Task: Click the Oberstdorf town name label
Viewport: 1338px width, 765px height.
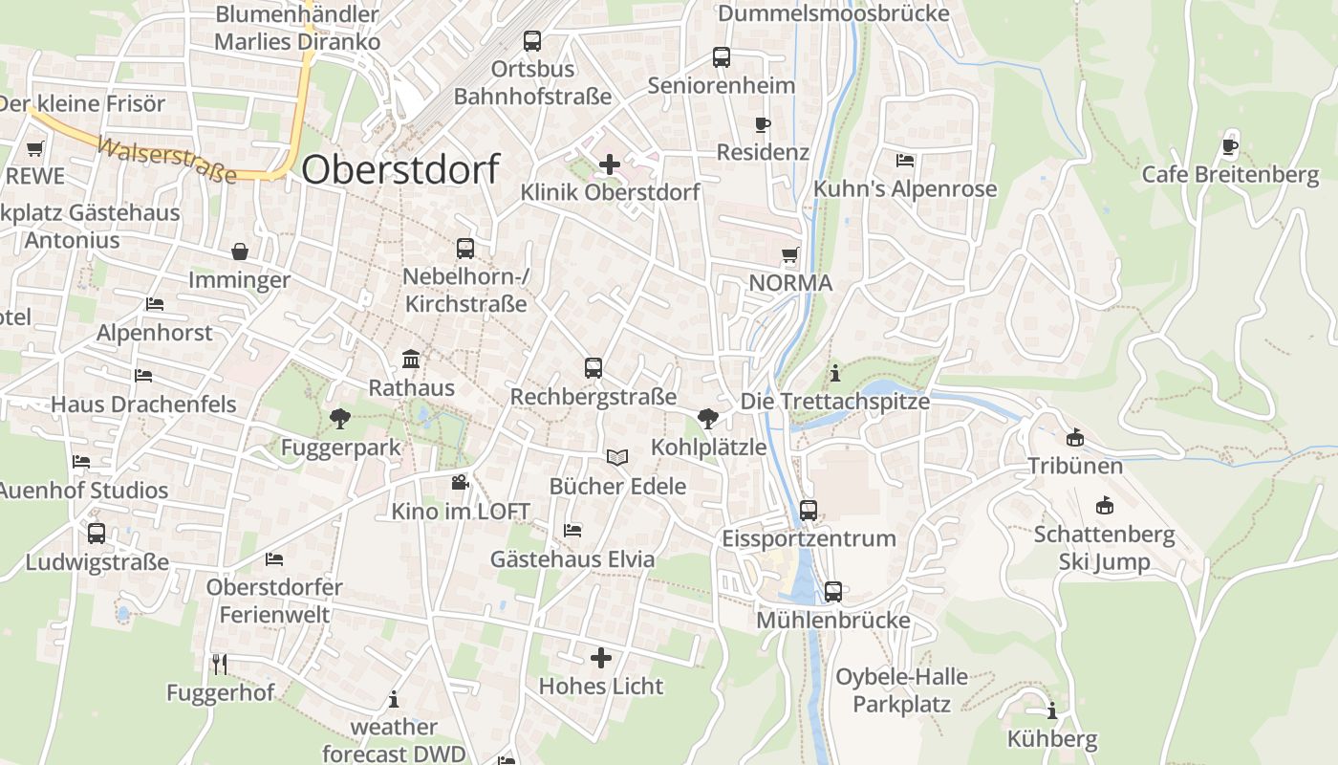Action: coord(400,169)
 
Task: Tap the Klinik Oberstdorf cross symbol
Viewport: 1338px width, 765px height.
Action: coord(609,164)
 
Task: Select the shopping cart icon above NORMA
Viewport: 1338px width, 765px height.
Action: coord(790,255)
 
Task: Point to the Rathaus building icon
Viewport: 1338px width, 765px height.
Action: coord(412,360)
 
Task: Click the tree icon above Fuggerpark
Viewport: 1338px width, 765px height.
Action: coord(339,418)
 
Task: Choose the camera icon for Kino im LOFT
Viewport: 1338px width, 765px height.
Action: coord(460,482)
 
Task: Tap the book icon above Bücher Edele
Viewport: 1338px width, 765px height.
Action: coord(617,457)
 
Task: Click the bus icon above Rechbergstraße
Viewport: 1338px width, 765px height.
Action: coord(593,367)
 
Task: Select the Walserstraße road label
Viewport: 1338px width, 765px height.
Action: coord(167,161)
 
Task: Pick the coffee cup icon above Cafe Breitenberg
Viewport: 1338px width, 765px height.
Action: coord(1230,146)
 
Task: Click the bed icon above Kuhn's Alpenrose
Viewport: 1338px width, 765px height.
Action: coord(905,160)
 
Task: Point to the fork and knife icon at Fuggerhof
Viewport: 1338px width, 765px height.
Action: coord(220,663)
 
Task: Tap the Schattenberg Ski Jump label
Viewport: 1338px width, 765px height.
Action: coord(1104,547)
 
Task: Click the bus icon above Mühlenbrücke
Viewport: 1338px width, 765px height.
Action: coord(833,592)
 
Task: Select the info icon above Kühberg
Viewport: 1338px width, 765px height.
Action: coord(1052,710)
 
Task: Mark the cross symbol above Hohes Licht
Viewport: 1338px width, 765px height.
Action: coord(601,657)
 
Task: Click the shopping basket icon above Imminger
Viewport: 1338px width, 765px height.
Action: coord(239,251)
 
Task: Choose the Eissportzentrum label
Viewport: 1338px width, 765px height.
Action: coord(809,538)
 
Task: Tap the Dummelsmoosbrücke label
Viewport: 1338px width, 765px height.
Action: coord(833,13)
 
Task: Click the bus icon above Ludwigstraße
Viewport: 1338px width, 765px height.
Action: coord(97,533)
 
